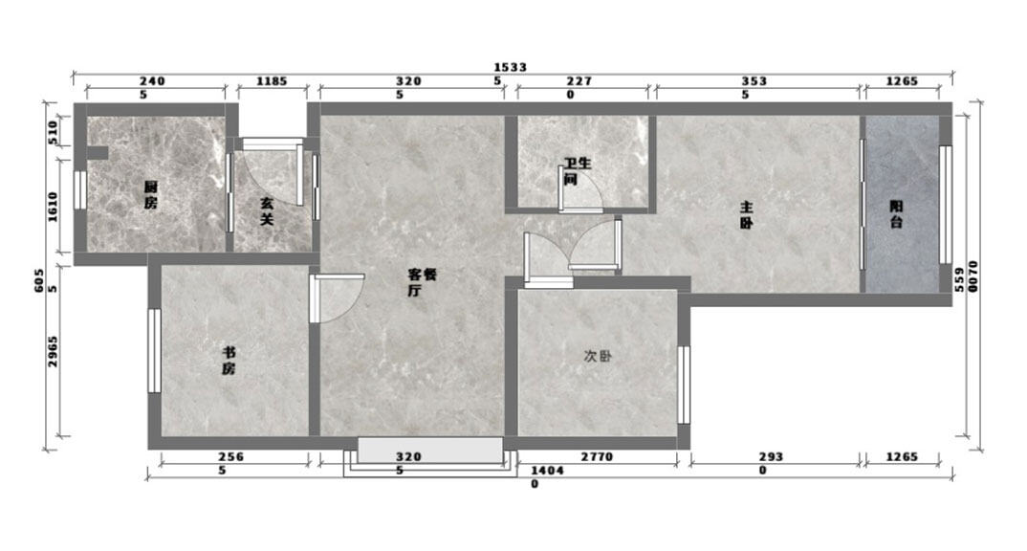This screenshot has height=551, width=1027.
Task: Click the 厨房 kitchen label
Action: [151, 195]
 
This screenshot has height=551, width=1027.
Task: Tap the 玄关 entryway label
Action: [267, 212]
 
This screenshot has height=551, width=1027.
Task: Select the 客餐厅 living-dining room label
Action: [422, 282]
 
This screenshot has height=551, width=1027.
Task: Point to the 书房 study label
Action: [228, 361]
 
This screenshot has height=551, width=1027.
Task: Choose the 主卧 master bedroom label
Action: [747, 215]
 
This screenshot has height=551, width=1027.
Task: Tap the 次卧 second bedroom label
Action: [598, 357]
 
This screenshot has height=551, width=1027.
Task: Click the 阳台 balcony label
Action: [897, 214]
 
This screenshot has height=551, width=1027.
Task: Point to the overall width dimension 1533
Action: [511, 67]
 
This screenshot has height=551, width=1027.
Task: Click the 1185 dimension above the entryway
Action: [272, 81]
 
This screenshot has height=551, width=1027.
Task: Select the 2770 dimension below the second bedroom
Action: [597, 456]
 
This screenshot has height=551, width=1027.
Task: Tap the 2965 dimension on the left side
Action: [53, 351]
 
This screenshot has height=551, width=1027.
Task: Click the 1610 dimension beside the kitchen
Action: [53, 207]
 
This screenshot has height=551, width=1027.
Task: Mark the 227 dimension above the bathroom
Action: [579, 81]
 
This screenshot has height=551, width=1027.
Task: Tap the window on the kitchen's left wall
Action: [80, 190]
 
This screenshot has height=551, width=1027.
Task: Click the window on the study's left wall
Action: [155, 351]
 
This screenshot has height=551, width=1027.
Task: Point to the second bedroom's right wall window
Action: [684, 385]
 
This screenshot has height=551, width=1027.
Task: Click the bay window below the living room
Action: [430, 456]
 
